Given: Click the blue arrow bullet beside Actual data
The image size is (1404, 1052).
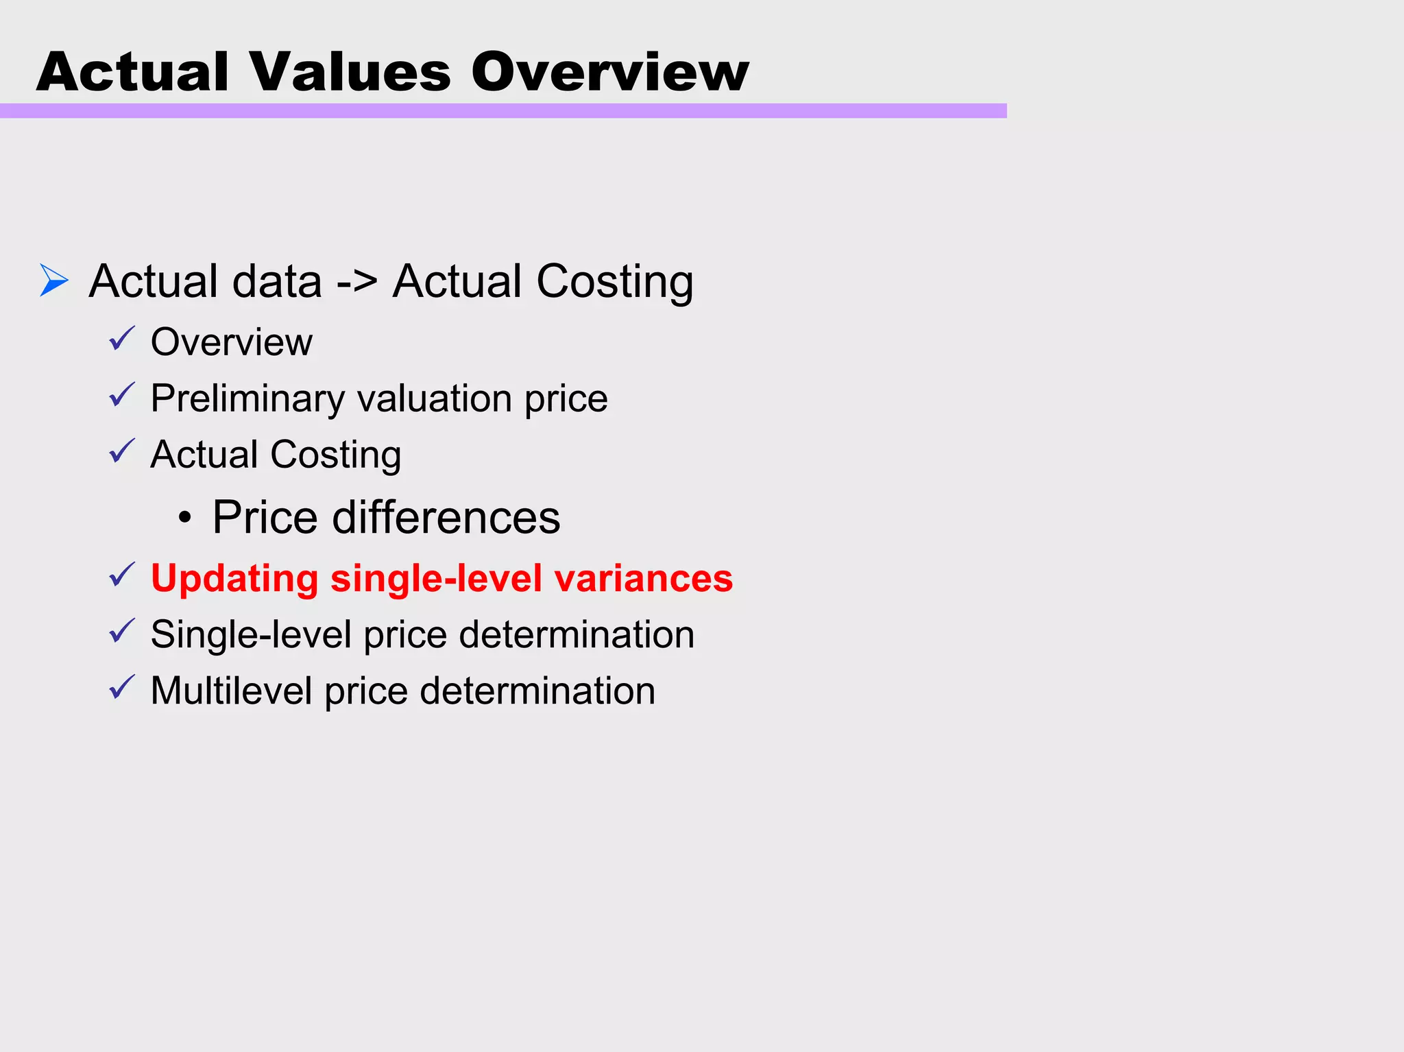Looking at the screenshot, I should click(54, 280).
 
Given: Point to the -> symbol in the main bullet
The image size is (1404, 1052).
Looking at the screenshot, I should click(356, 282).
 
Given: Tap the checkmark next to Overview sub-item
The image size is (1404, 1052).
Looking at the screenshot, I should click(122, 339).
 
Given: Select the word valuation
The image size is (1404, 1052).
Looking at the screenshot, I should click(435, 398).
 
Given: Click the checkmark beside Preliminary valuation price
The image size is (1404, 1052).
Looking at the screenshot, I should click(122, 396).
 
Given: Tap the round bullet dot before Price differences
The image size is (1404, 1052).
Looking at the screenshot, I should click(184, 518).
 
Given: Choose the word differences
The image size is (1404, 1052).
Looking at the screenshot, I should click(446, 517).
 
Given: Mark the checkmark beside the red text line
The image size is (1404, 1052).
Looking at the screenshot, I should click(122, 575).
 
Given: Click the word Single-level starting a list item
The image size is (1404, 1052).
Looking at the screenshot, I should click(251, 634).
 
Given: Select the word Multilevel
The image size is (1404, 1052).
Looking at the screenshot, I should click(231, 691).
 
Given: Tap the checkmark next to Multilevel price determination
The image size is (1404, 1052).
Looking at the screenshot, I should click(122, 688).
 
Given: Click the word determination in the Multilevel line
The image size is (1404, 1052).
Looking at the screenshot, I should click(537, 691).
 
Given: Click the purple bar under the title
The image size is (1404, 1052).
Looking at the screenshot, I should click(503, 111).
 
